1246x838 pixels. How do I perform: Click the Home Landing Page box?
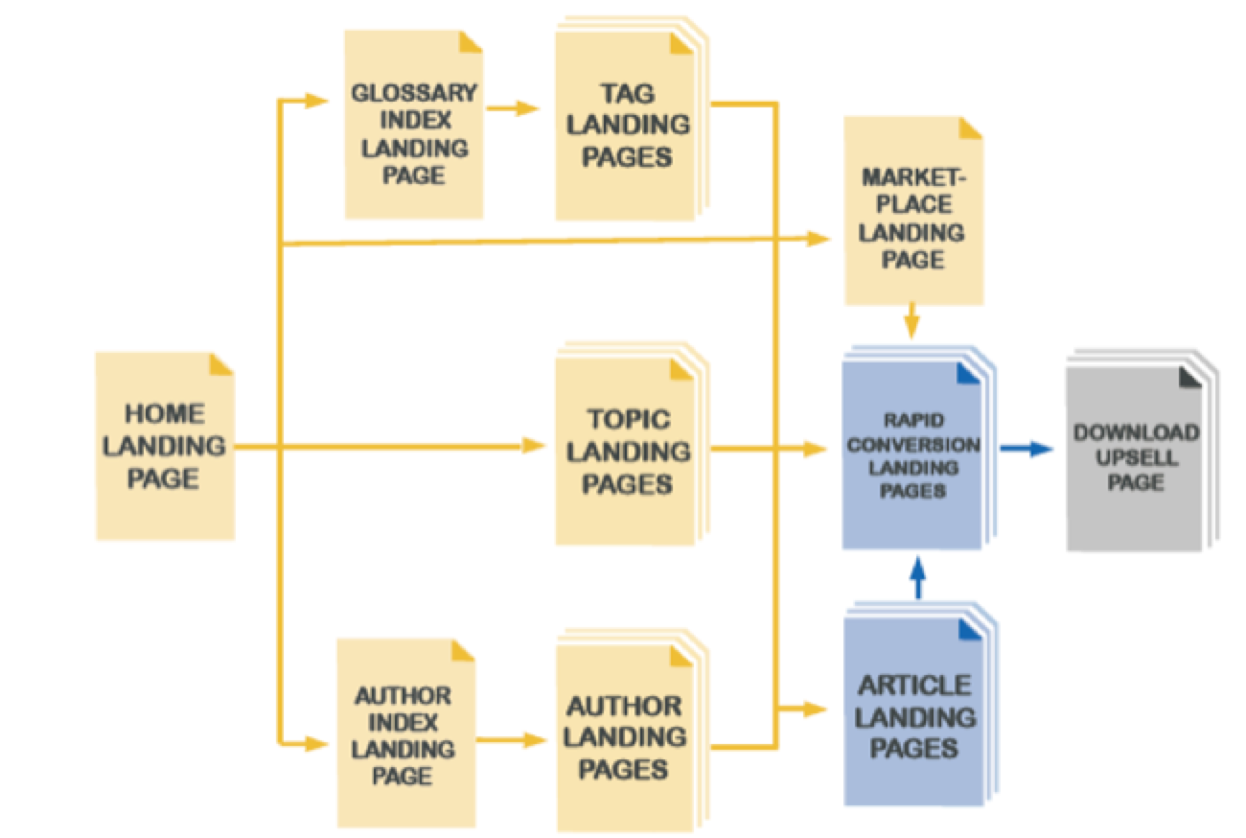click(x=165, y=446)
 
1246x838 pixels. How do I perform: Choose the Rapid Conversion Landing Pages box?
click(x=912, y=455)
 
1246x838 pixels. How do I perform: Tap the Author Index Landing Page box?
click(x=404, y=733)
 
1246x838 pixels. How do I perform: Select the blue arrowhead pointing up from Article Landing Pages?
click(x=917, y=570)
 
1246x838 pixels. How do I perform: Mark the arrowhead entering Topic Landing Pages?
click(x=534, y=446)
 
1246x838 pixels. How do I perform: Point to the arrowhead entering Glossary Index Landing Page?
click(x=318, y=100)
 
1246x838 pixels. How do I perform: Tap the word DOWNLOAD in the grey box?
click(x=1136, y=432)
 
